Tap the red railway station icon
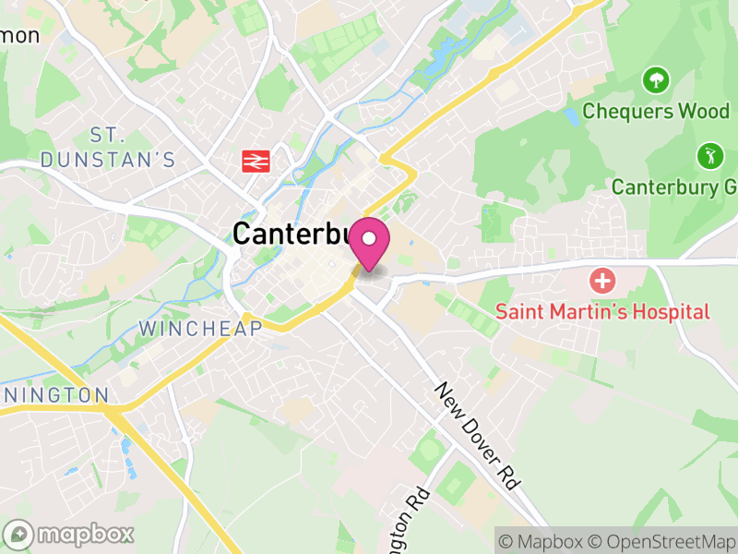pos(256,161)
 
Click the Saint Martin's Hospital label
pos(602,311)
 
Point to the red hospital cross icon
pos(602,280)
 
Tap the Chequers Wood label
pos(656,111)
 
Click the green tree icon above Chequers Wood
pos(656,80)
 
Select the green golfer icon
pos(708,154)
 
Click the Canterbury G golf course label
pos(673,187)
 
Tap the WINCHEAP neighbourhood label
pos(200,328)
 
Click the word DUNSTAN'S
pos(108,160)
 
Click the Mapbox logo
pos(70,534)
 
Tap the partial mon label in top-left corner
pos(18,35)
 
